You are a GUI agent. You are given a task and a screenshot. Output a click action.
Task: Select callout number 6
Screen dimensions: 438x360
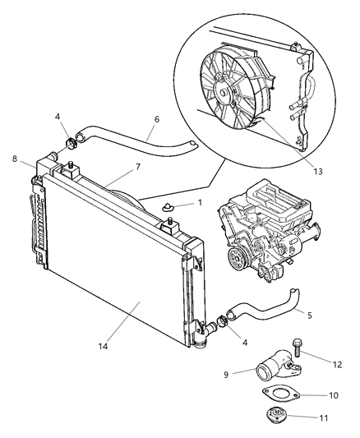click(155, 118)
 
